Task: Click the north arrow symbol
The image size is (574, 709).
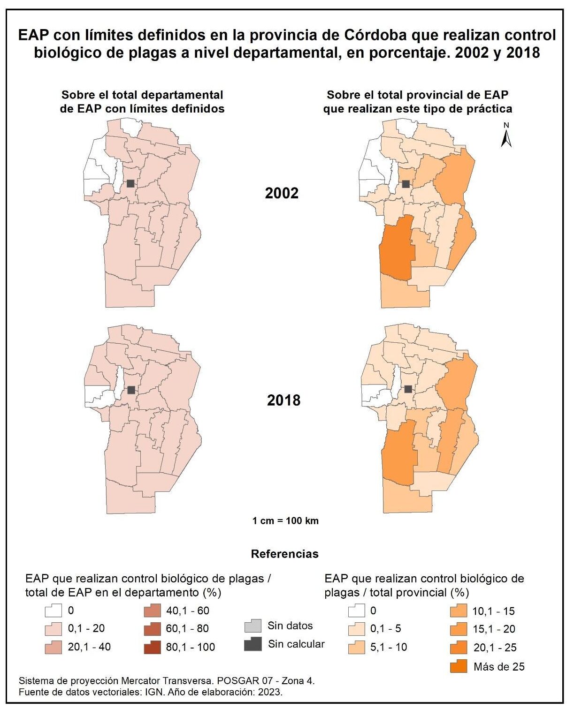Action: [506, 136]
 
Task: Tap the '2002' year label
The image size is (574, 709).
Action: [282, 193]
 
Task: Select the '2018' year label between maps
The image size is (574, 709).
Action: [283, 400]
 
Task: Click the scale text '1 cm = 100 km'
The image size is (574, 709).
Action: [285, 520]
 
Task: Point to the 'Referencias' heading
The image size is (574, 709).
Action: [284, 554]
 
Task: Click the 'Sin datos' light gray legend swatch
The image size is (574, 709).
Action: [253, 626]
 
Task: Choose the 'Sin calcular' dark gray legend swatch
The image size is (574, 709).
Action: [253, 644]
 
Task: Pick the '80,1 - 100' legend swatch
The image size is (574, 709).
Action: [152, 647]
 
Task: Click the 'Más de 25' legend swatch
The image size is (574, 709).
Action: [459, 666]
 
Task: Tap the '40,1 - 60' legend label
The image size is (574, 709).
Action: [188, 611]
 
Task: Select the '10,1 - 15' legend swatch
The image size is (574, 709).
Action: [459, 611]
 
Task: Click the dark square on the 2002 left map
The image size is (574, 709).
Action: [130, 183]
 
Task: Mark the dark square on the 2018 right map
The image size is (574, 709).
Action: [408, 389]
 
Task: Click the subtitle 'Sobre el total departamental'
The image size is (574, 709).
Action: [142, 95]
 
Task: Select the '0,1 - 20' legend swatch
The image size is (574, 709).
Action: [54, 629]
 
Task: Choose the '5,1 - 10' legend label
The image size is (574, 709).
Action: [389, 647]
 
